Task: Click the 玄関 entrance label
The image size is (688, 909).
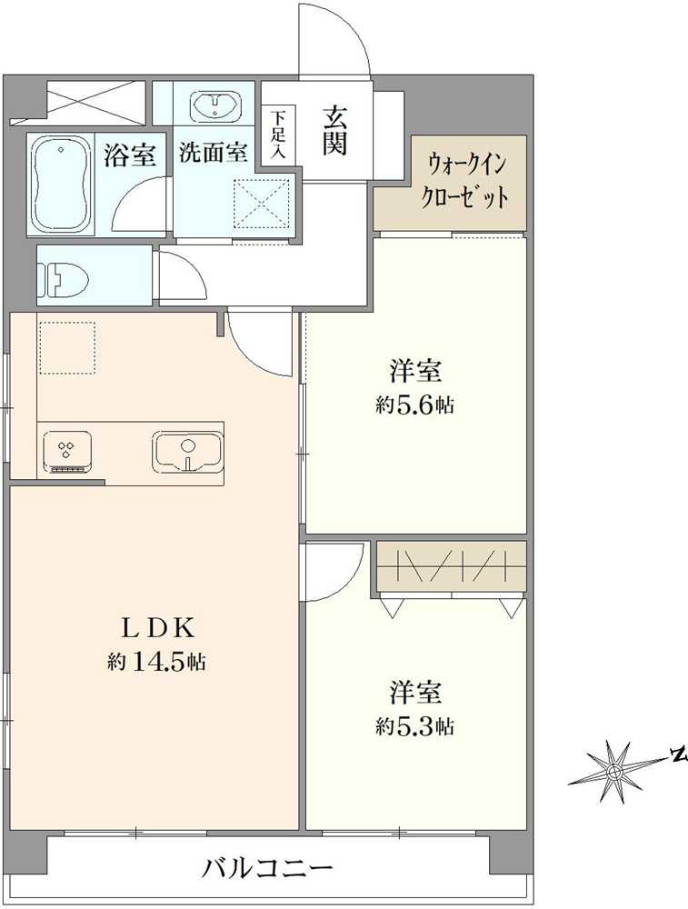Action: pyautogui.click(x=335, y=132)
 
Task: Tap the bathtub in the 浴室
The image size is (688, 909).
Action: pyautogui.click(x=61, y=185)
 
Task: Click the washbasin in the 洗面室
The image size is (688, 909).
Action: pyautogui.click(x=214, y=106)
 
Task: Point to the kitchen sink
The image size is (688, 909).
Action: pyautogui.click(x=187, y=451)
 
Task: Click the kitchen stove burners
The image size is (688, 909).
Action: pyautogui.click(x=67, y=452)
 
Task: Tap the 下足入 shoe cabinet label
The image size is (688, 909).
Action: pyautogui.click(x=279, y=135)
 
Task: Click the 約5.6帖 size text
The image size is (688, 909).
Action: pyautogui.click(x=415, y=405)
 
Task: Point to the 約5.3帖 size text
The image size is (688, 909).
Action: pyautogui.click(x=415, y=725)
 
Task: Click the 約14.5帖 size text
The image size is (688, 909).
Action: pyautogui.click(x=156, y=661)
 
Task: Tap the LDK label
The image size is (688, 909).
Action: pyautogui.click(x=155, y=626)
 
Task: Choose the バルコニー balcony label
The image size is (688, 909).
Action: pyautogui.click(x=268, y=868)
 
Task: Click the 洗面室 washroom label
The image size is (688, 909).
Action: pyautogui.click(x=214, y=152)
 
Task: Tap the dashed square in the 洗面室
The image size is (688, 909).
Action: pyautogui.click(x=262, y=204)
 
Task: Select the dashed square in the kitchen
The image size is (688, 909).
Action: pyautogui.click(x=66, y=348)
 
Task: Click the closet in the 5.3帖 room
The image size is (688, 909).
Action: pyautogui.click(x=452, y=567)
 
